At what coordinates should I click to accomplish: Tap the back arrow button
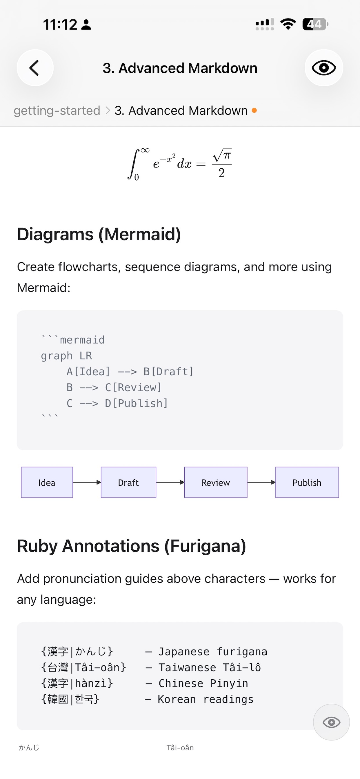coord(35,68)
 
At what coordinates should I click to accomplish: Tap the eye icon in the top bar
coord(324,68)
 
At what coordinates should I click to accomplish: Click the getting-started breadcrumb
coord(57,111)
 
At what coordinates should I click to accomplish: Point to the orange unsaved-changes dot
coord(254,110)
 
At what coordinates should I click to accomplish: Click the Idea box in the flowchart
coord(47,482)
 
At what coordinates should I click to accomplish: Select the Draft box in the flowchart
coord(129,482)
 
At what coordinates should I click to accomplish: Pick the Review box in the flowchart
coord(216,482)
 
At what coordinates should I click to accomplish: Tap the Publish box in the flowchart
coord(307,482)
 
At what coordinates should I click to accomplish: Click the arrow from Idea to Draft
coord(87,482)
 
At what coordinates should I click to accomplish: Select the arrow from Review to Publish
coord(261,482)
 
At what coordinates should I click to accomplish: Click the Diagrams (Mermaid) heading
coord(99,234)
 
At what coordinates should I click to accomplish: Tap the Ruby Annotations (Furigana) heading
coord(132,546)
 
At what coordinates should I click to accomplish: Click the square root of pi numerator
coord(222,155)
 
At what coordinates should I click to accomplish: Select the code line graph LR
coord(67,356)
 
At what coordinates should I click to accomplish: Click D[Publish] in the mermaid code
coord(136,403)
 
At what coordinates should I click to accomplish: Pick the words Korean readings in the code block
coord(206,700)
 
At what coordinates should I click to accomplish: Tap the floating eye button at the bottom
coord(331,722)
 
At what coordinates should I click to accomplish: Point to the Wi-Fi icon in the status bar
coord(288,24)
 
